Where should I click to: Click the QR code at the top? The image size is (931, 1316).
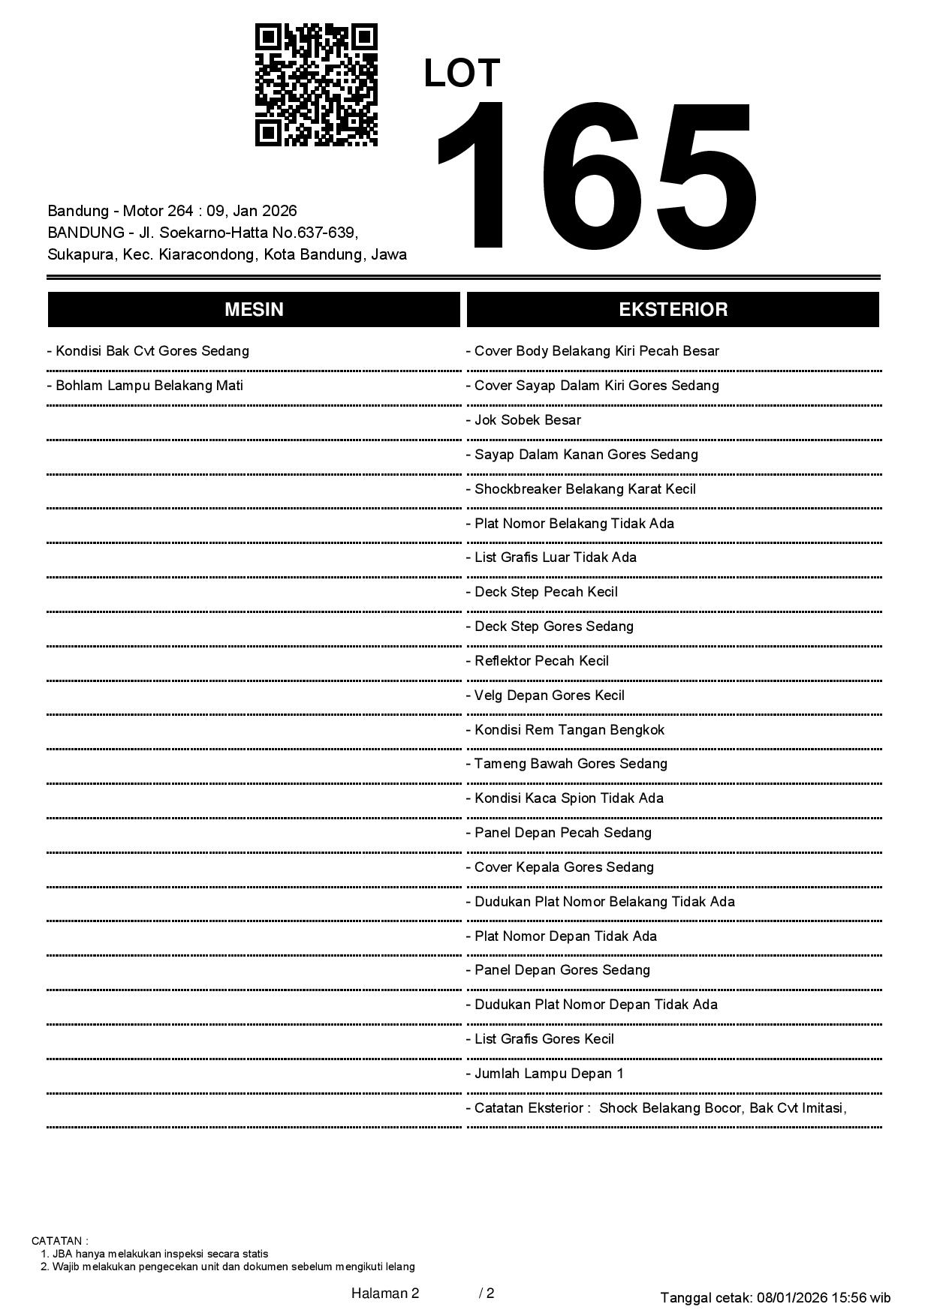coord(316,85)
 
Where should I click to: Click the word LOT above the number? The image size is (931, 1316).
coord(462,74)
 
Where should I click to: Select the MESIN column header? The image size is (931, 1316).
coord(254,310)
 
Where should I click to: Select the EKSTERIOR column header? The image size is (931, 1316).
coord(673,310)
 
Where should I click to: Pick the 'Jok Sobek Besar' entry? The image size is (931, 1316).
coord(523,420)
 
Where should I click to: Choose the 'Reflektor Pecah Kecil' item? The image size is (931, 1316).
coord(537,661)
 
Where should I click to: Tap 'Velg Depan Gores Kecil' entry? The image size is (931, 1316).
coord(545,696)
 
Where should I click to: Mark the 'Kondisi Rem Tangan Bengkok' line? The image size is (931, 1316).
coord(565,730)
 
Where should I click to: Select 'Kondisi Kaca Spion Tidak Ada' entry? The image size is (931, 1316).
coord(565,798)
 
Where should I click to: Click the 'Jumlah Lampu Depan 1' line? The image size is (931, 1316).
coord(544,1074)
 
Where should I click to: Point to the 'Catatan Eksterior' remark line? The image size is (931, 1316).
coord(656,1108)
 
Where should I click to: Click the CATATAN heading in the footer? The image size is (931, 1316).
coord(59,1241)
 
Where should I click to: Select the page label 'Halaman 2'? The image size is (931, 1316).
coord(384,1293)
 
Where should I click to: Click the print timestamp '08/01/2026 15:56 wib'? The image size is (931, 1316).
coord(824,1298)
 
